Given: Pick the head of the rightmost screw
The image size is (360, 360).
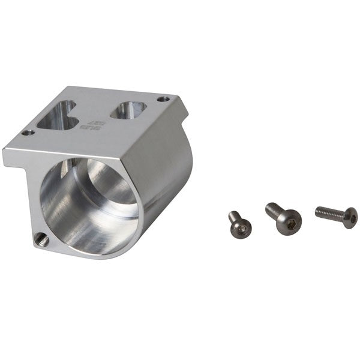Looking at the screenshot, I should [x=350, y=217].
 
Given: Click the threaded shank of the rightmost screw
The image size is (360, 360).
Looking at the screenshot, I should [x=331, y=212].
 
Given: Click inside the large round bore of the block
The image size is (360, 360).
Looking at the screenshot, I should [x=90, y=204].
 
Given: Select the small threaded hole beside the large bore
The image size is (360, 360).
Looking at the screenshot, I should [x=40, y=238].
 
